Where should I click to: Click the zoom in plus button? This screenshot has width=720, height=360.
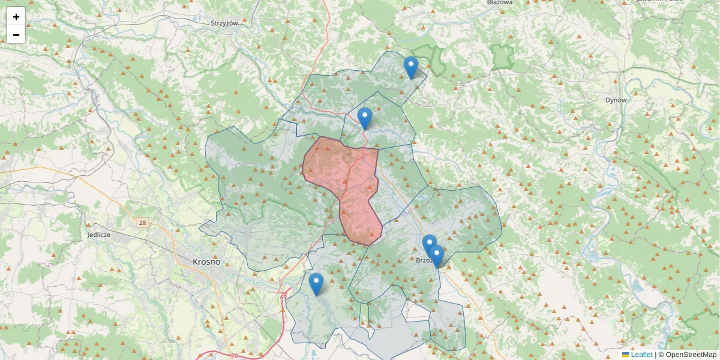tap(16, 17)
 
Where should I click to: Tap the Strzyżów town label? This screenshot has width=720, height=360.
tap(224, 23)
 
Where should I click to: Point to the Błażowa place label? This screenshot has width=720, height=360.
tap(500, 3)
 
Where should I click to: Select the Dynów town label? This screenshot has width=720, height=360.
tap(616, 100)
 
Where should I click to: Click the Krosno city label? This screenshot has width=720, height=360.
tap(206, 262)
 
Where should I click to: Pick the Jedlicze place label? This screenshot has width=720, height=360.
tap(98, 235)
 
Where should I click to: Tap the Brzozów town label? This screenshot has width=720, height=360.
tap(425, 261)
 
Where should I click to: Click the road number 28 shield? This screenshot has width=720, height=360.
tap(142, 223)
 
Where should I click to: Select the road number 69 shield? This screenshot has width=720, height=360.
tap(283, 297)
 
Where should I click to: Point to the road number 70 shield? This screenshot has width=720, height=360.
tap(233, 356)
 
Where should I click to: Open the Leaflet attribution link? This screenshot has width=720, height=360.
tap(641, 355)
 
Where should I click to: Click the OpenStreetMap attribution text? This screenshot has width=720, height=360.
tap(690, 355)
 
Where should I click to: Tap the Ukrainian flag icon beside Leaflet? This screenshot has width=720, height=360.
tap(626, 355)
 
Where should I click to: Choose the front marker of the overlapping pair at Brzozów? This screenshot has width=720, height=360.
tap(436, 256)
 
